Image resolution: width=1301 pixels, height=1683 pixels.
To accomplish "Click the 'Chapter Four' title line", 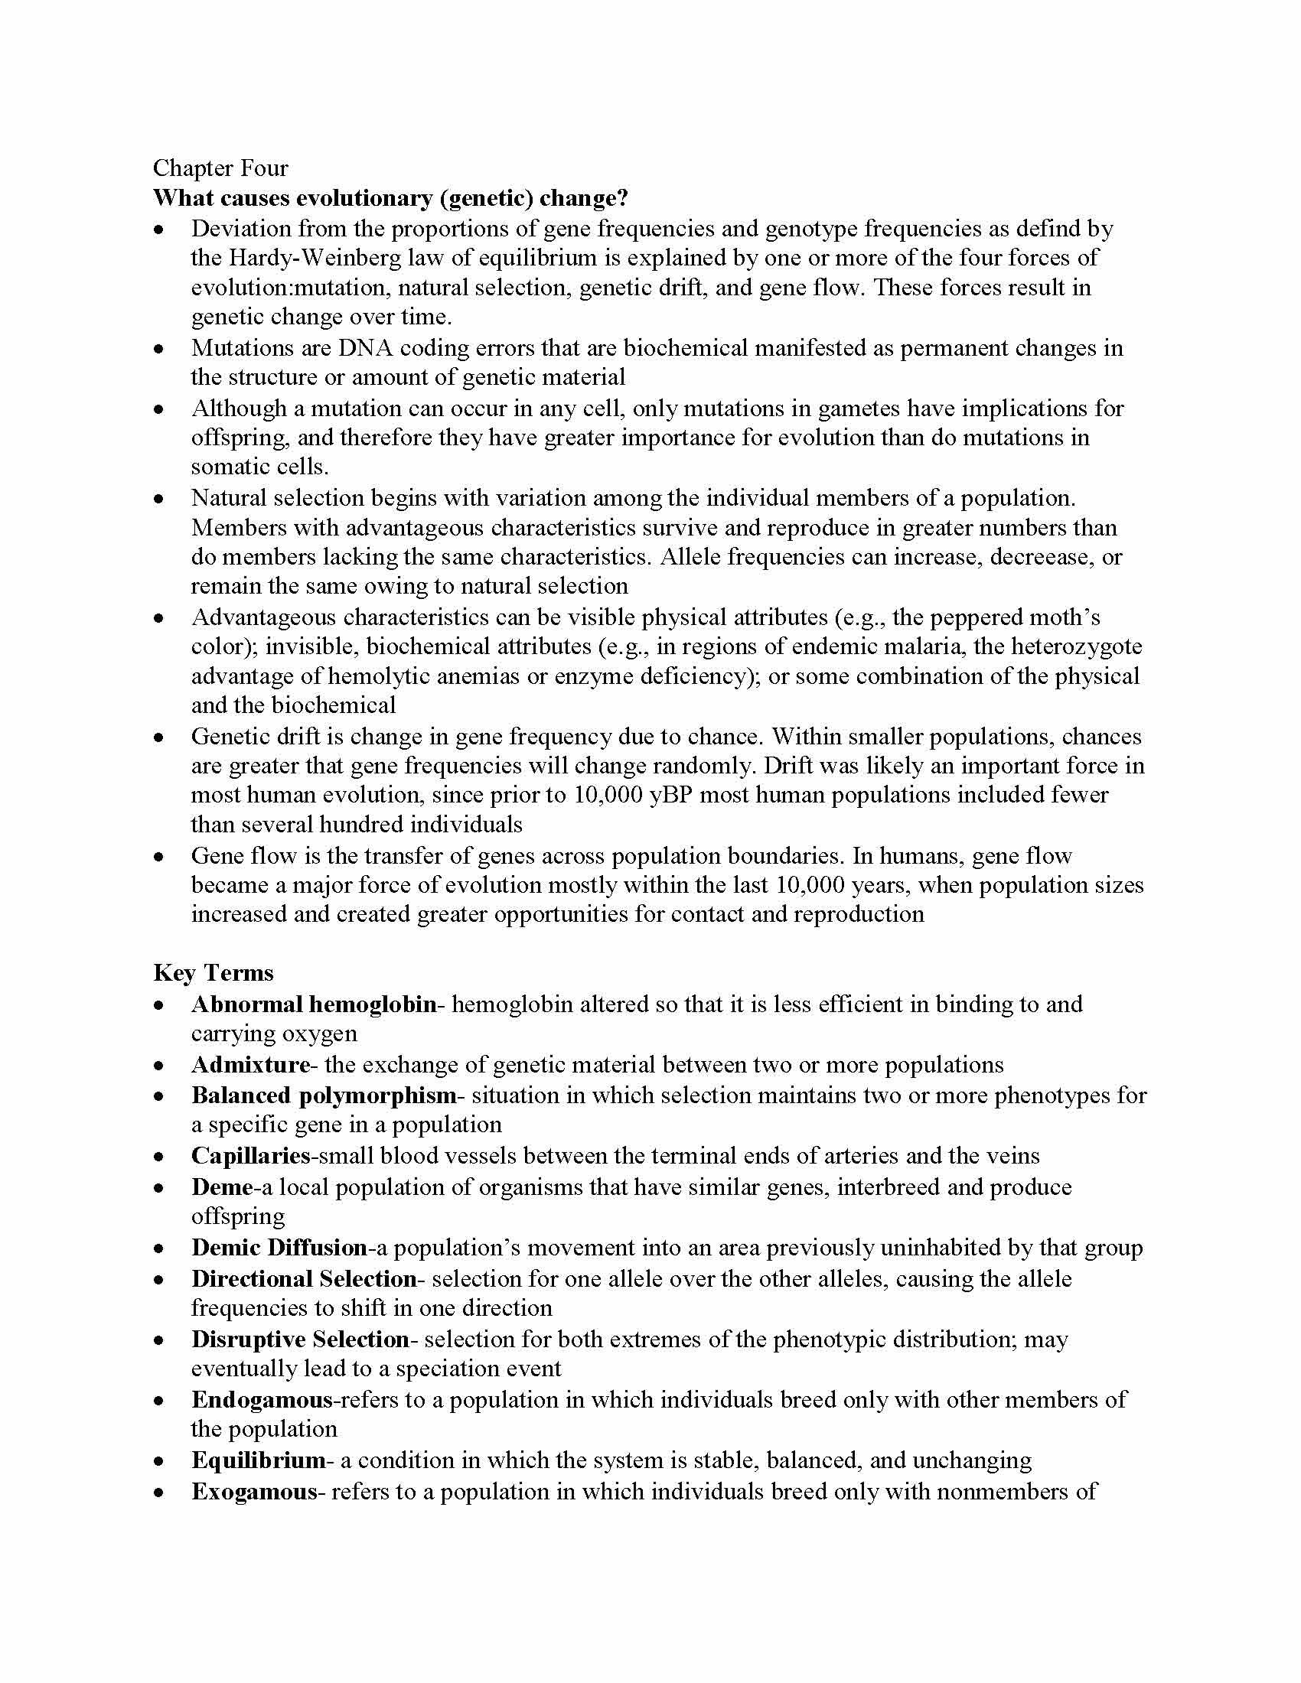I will tap(220, 168).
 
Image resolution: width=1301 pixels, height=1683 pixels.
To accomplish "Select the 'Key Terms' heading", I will tap(214, 972).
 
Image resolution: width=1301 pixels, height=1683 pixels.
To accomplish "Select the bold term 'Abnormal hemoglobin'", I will tap(313, 1004).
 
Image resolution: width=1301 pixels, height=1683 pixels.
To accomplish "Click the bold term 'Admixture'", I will tap(249, 1065).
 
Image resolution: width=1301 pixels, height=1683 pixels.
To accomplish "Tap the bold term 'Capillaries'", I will tap(249, 1156).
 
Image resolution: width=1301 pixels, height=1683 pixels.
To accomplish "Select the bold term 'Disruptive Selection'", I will tap(301, 1340).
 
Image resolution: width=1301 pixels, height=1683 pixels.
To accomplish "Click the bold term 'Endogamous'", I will tap(262, 1399).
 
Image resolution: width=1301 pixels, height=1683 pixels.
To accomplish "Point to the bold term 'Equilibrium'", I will tap(258, 1460).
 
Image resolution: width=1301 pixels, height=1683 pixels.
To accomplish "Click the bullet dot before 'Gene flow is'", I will tap(158, 856).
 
